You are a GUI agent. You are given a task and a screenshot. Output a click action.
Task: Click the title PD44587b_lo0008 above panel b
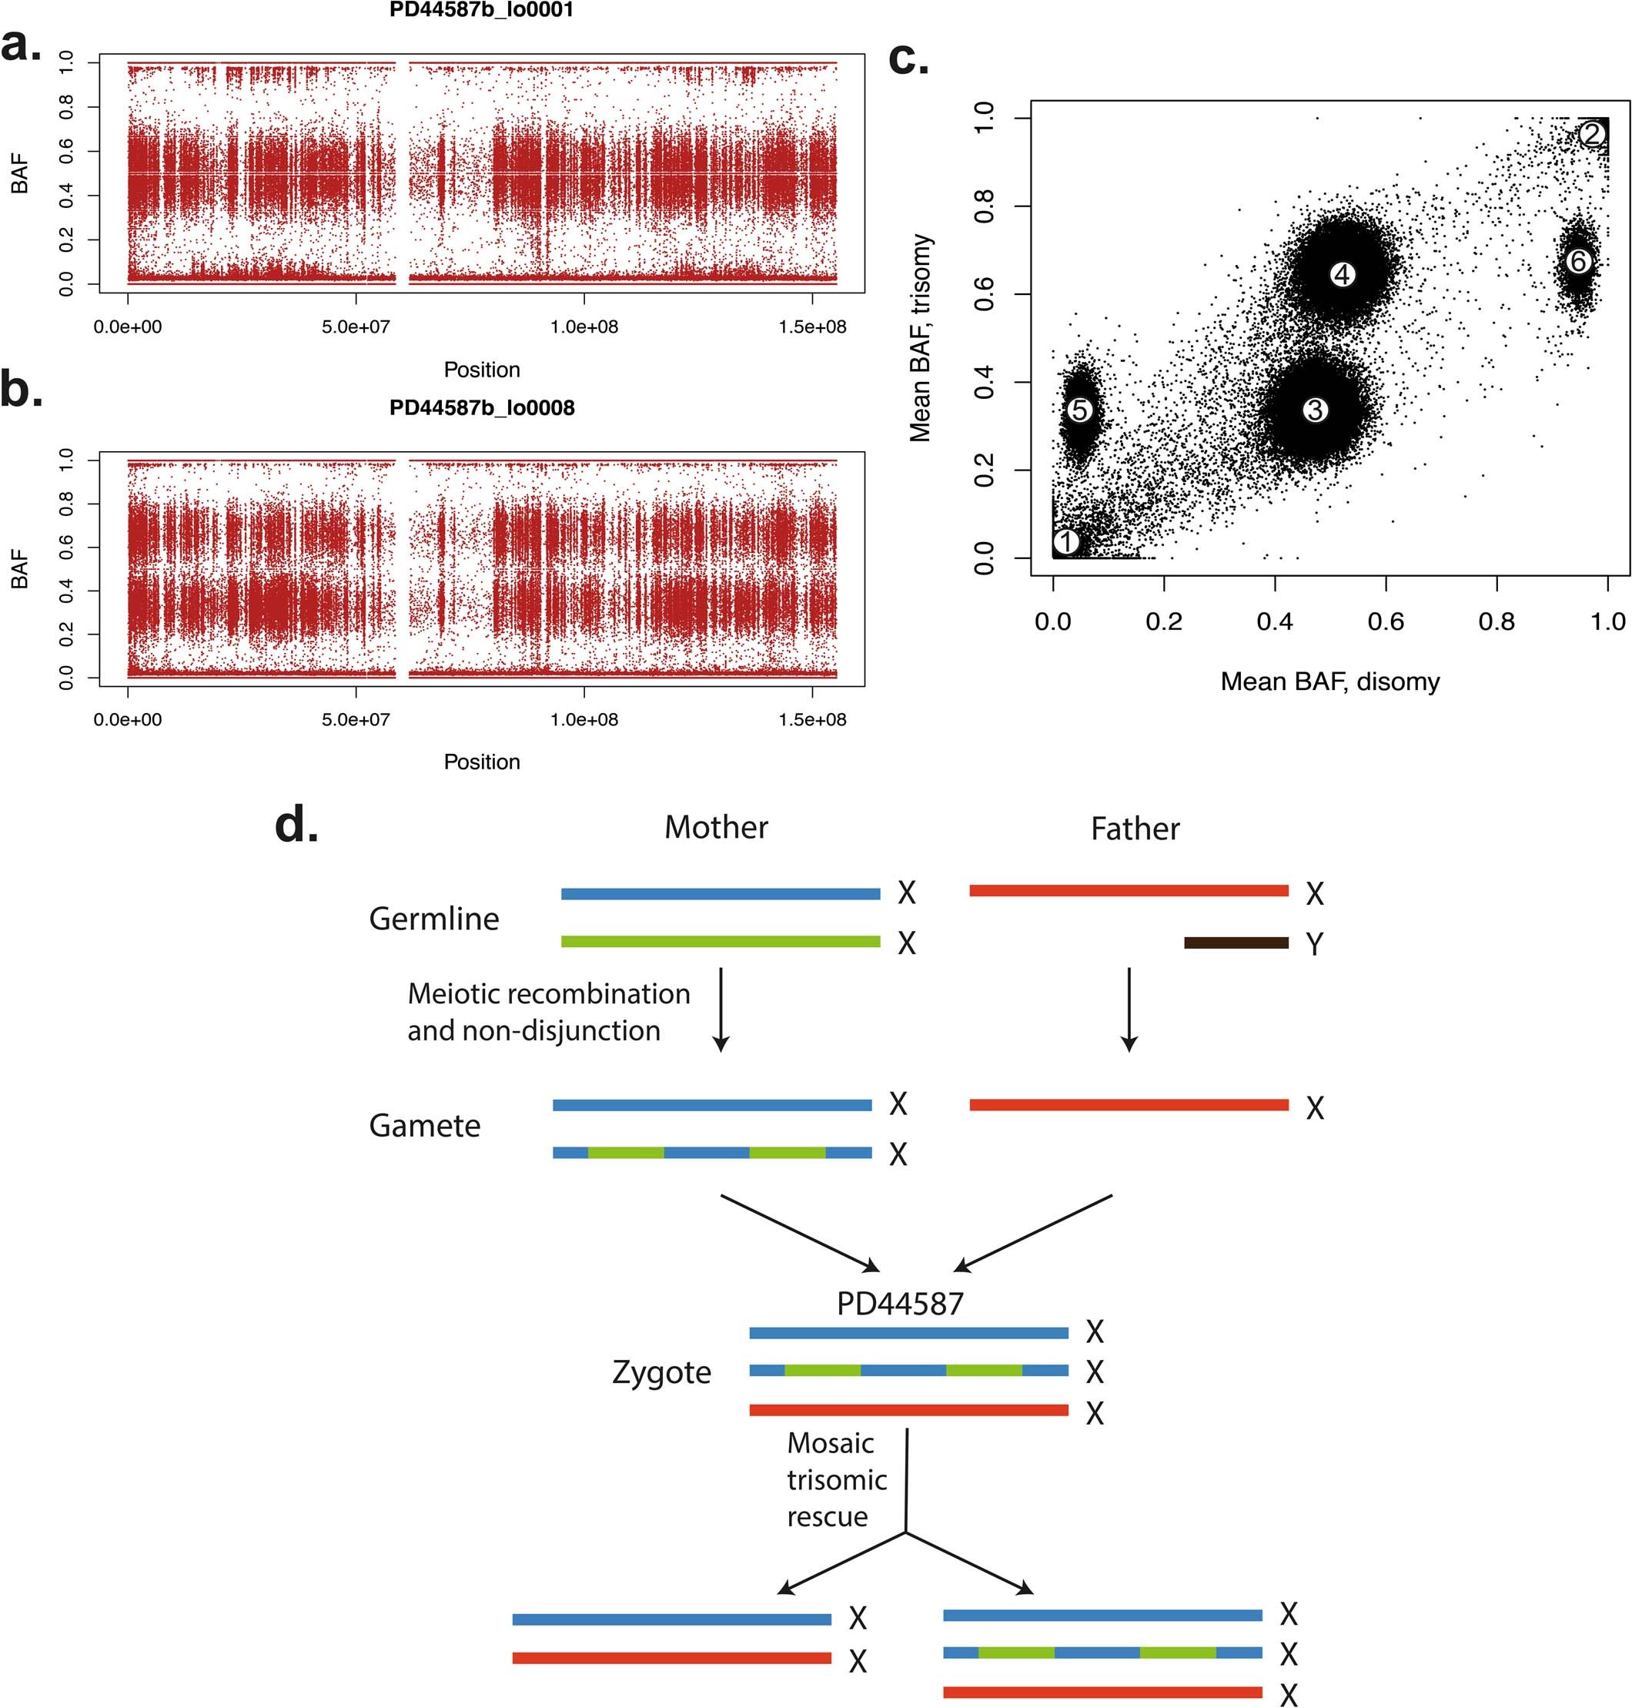[481, 408]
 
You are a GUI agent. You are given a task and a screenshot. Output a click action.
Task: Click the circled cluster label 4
[1343, 275]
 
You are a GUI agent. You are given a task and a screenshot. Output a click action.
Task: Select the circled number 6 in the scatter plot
[1578, 261]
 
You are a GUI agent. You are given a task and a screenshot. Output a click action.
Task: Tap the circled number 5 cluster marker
[1079, 410]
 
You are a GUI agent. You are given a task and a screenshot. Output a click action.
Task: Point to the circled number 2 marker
[1591, 134]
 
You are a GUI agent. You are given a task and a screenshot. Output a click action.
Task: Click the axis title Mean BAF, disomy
[1329, 682]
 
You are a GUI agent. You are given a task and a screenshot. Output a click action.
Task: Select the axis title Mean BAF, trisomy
[921, 337]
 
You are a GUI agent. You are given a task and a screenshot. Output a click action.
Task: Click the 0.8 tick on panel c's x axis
[1497, 621]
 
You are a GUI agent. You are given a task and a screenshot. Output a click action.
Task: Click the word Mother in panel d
[716, 828]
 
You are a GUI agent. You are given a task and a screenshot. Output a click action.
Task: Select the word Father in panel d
[1135, 829]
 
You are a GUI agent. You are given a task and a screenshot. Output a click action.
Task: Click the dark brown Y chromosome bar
[1236, 943]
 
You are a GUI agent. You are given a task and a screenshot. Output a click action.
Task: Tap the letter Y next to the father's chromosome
[1315, 944]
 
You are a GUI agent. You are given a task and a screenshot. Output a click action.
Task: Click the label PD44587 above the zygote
[899, 1304]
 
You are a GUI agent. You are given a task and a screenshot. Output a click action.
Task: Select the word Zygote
[661, 1372]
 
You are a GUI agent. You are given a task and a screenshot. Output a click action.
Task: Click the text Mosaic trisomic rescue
[836, 1480]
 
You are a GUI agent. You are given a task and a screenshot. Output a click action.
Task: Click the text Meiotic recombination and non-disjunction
[548, 1012]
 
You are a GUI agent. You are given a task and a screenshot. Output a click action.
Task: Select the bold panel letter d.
[296, 825]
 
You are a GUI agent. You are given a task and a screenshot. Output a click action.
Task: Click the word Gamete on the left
[424, 1126]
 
